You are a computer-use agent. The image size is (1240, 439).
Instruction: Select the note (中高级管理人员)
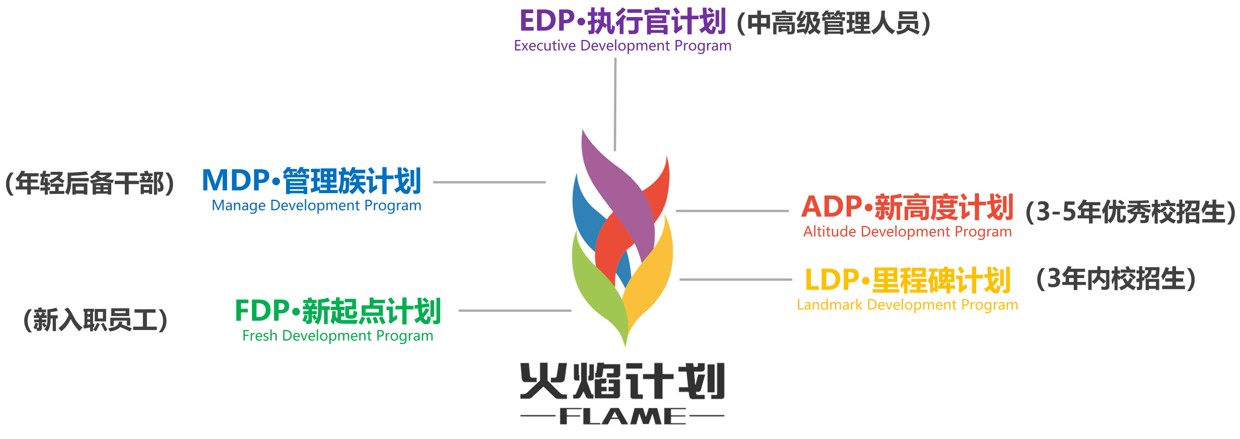pos(833,23)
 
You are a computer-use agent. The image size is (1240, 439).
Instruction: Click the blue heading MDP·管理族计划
pos(311,181)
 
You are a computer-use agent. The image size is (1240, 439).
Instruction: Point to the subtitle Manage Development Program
pos(316,206)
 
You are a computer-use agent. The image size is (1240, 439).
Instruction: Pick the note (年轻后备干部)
pos(90,183)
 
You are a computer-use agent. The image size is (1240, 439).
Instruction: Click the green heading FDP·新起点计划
pos(338,311)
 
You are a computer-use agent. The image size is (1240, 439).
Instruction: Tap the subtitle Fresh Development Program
pos(338,335)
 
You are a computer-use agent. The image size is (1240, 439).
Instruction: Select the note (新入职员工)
pos(95,320)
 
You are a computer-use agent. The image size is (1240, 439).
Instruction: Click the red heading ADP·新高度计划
pos(907,207)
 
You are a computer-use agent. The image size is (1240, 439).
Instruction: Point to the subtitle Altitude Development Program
pos(907,232)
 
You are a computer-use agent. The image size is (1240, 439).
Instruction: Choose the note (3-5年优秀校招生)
pos(1130,212)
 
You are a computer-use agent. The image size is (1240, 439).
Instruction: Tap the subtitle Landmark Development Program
pos(907,305)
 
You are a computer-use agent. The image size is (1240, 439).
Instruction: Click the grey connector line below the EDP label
pos(615,104)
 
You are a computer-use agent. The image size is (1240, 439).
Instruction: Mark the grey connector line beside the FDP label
pos(515,311)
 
